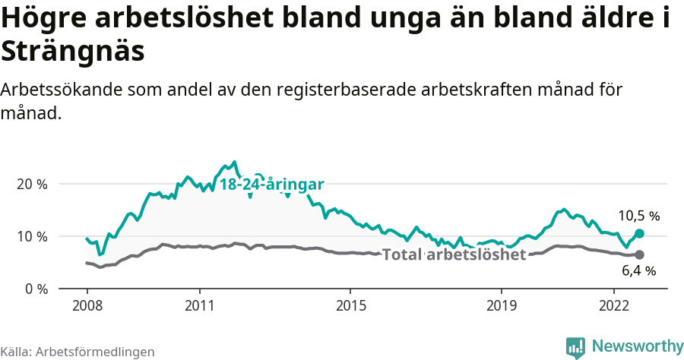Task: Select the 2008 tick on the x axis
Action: (87, 305)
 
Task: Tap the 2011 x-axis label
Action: (199, 305)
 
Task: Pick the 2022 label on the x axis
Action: (613, 305)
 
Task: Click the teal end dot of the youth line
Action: (639, 234)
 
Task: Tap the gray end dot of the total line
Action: (639, 255)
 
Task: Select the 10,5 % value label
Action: (638, 216)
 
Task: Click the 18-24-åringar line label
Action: (272, 185)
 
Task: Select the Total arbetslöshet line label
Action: (454, 254)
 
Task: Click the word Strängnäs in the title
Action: (72, 52)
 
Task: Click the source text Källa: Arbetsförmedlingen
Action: (78, 352)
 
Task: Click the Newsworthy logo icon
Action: (576, 347)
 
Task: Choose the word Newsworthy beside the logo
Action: (638, 346)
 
